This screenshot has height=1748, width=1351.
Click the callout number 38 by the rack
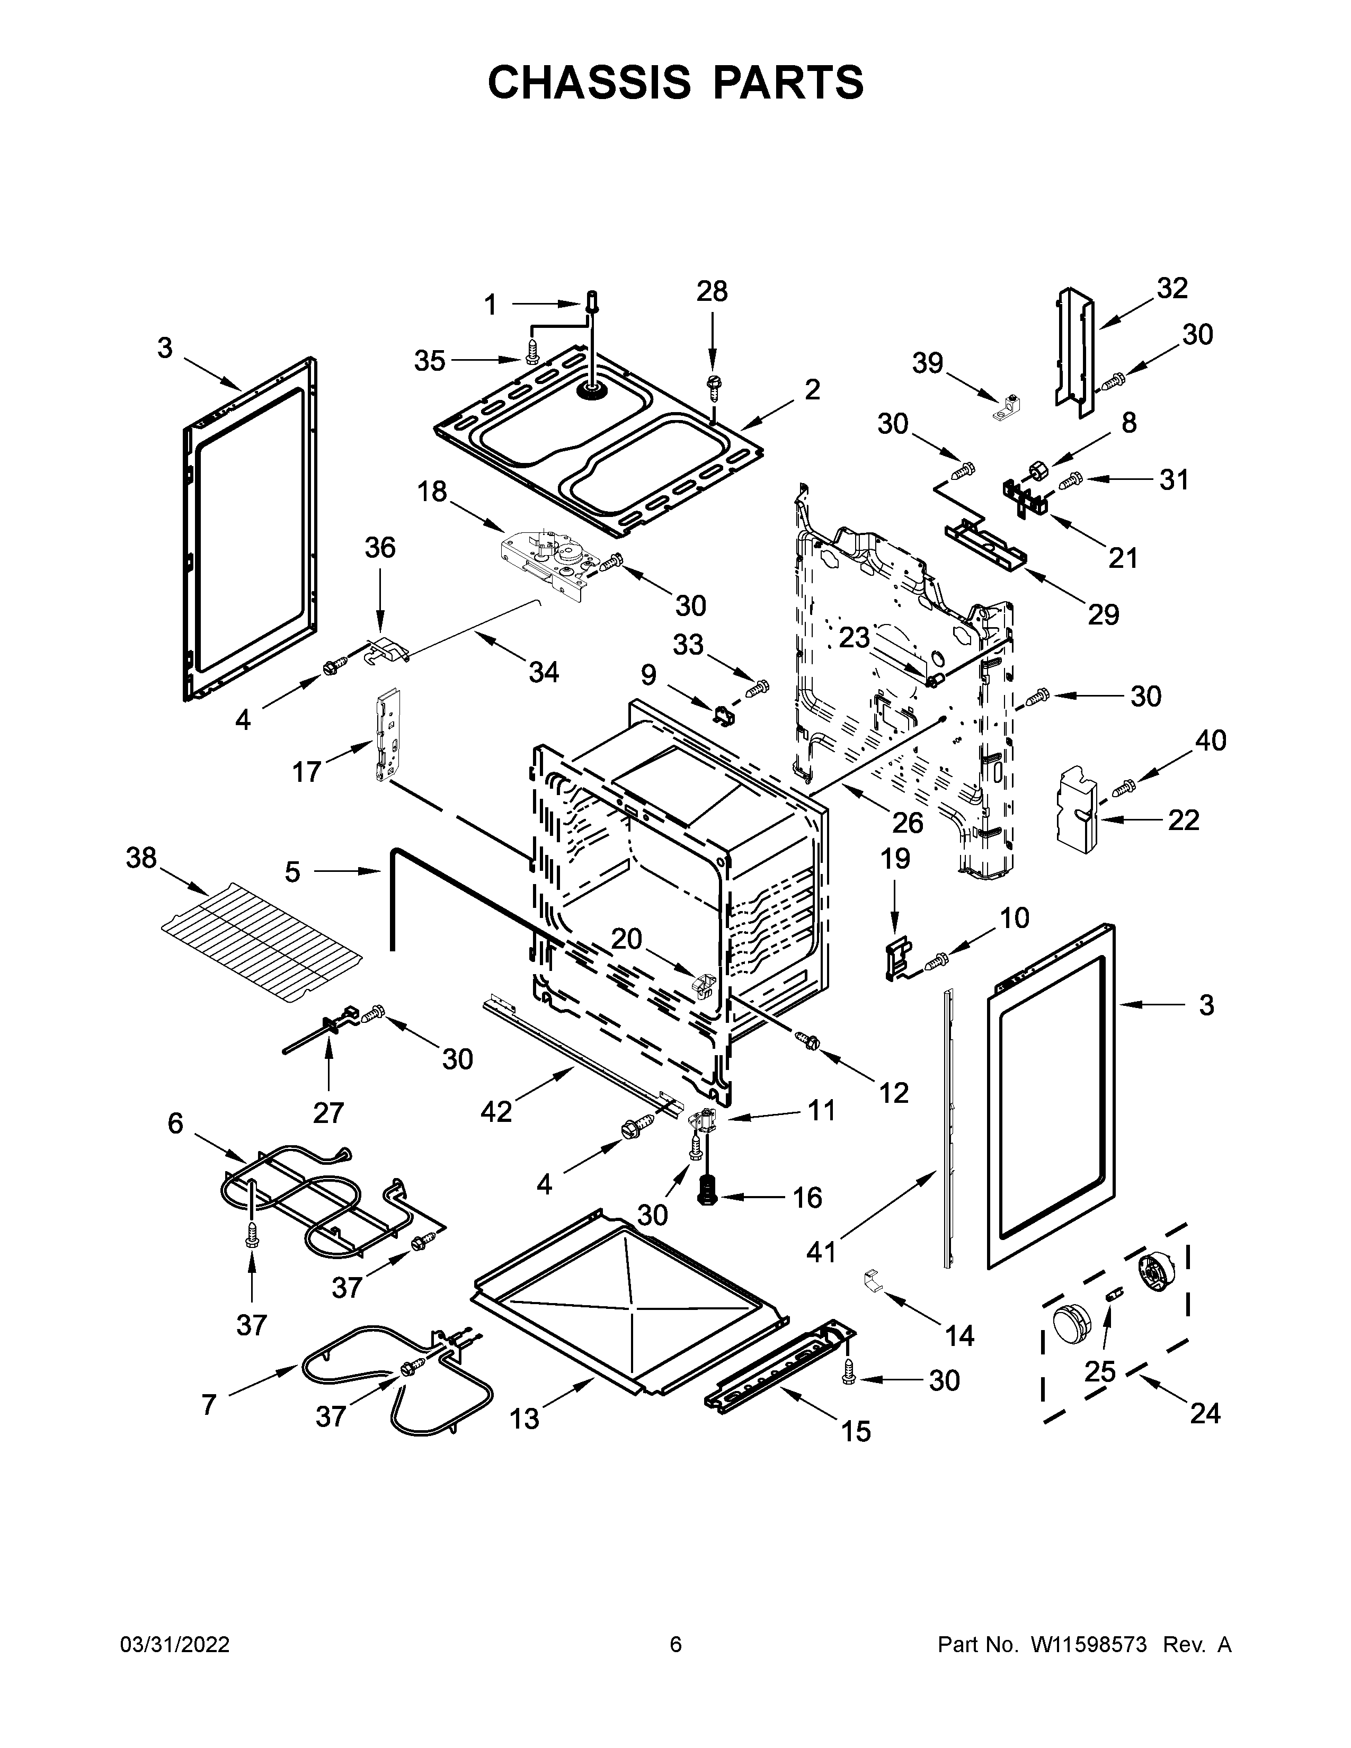tap(141, 858)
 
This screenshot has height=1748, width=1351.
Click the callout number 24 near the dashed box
tap(1205, 1413)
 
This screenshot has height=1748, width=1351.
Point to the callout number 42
tap(496, 1111)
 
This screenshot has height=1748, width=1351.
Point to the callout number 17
tap(307, 772)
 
